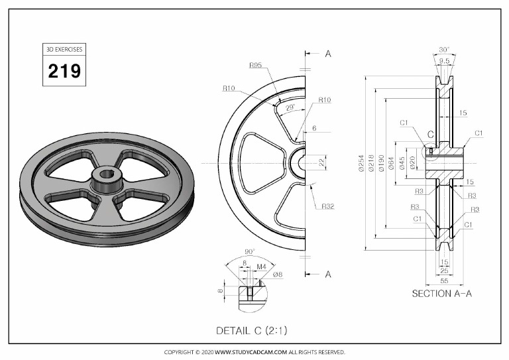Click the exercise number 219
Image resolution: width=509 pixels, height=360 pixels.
(64, 70)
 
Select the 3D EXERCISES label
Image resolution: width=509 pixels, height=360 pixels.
(64, 50)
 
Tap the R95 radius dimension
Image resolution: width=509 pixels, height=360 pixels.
(256, 65)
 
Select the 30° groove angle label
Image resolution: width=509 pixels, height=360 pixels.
(443, 50)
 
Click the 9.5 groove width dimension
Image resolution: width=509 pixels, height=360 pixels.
(443, 60)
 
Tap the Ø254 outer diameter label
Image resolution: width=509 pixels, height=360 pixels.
(361, 163)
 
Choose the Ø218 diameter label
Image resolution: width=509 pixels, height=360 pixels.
(372, 163)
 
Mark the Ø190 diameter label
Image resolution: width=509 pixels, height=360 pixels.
(382, 163)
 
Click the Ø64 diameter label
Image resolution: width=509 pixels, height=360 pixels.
(392, 163)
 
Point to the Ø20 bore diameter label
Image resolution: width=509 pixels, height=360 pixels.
(412, 163)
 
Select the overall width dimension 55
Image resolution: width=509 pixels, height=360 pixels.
(443, 281)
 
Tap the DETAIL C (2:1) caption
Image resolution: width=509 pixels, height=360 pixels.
(252, 330)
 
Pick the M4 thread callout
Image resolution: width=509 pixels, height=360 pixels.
(261, 267)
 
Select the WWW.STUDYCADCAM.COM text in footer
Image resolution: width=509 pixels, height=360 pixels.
(251, 352)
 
